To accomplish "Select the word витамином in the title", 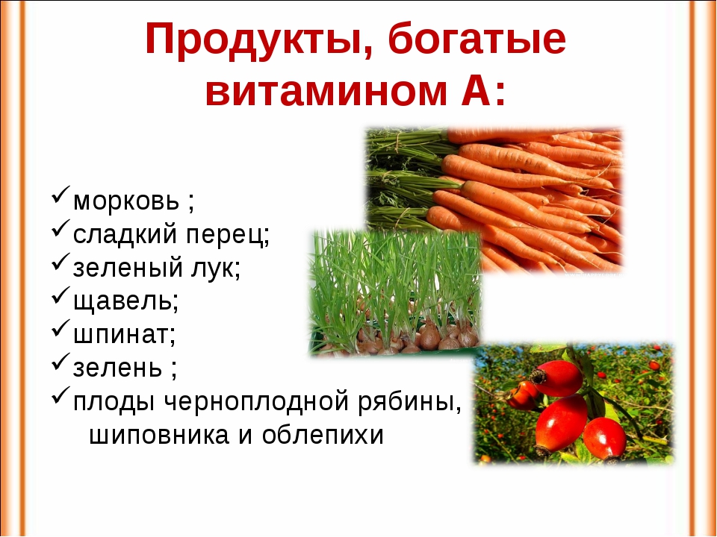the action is (x=326, y=90).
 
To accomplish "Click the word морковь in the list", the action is (x=126, y=201).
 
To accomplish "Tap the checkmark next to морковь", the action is (x=60, y=194).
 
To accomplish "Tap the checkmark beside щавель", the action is (x=60, y=295).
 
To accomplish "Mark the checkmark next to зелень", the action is (x=60, y=362).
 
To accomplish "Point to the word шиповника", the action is (x=158, y=436).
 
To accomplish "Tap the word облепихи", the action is (x=323, y=434).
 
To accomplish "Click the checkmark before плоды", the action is (x=60, y=395).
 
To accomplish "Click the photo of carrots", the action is (x=494, y=200).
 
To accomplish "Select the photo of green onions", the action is (x=395, y=292).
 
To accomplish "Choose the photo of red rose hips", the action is (x=574, y=404).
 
